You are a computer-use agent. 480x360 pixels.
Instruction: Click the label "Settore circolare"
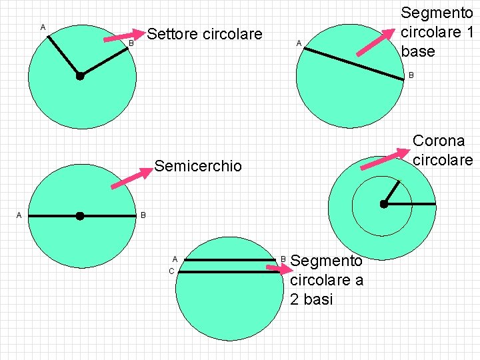(x=205, y=34)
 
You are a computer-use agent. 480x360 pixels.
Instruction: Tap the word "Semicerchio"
(x=198, y=166)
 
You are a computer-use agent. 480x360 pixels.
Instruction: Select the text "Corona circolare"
(x=443, y=151)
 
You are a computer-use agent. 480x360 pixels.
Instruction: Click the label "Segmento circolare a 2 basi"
(x=327, y=280)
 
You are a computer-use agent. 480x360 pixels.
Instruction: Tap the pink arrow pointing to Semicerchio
(x=131, y=179)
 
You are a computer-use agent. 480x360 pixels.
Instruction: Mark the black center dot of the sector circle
(x=80, y=76)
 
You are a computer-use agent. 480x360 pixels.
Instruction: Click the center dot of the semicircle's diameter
(x=80, y=216)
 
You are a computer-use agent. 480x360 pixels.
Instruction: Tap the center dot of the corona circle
(x=384, y=204)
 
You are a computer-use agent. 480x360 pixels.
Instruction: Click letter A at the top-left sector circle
(x=43, y=27)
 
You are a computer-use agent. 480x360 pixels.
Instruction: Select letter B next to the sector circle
(x=131, y=43)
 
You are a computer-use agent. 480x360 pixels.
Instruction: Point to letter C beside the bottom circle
(x=171, y=271)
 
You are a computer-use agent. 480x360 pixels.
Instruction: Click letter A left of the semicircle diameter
(x=19, y=215)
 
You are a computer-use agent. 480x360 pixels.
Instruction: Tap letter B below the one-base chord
(x=411, y=75)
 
